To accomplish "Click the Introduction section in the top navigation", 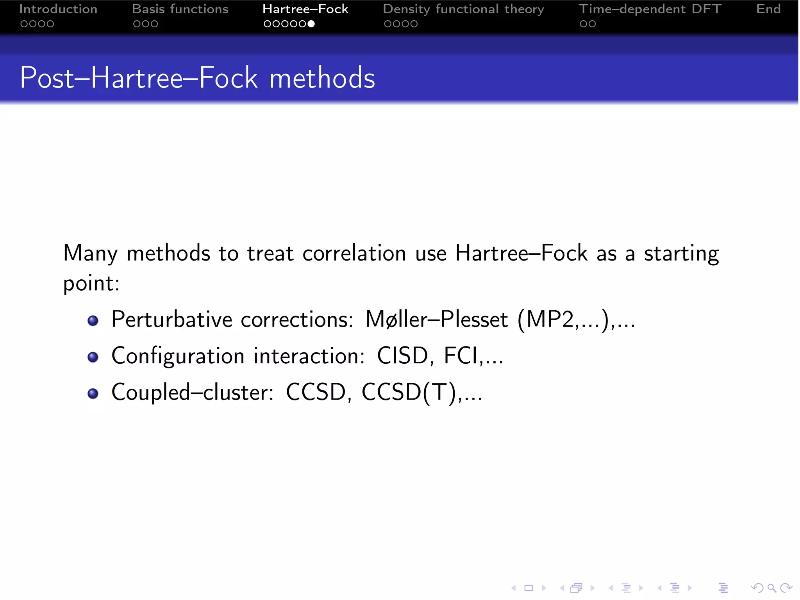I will (58, 9).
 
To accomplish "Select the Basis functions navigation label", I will (180, 9).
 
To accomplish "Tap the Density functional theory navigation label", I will (463, 9).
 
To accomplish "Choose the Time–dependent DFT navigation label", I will (650, 9).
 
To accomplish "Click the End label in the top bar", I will (768, 9).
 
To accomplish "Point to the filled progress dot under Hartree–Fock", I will (311, 24).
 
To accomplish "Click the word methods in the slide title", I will (322, 78).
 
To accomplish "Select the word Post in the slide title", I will (47, 78).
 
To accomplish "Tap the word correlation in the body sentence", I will (354, 253).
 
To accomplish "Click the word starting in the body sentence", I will (681, 253).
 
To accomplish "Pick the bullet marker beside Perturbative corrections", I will (93, 321).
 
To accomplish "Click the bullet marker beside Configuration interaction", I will (93, 357).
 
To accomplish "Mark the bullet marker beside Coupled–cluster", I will (93, 393).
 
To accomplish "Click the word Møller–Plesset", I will (436, 320).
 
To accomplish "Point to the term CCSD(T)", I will (409, 392).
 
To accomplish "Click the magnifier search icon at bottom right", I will (771, 588).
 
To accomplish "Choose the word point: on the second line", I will (91, 284).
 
